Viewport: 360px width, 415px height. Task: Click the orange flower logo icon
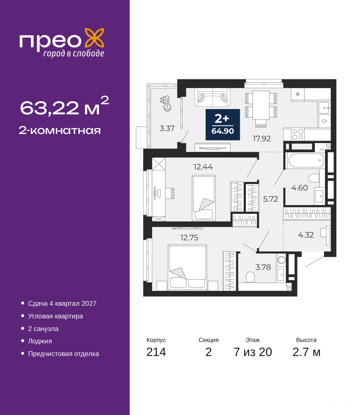point(94,38)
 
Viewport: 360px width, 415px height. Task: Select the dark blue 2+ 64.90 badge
point(222,124)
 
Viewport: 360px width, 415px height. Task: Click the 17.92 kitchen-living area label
point(262,139)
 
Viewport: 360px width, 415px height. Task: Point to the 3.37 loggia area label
point(167,128)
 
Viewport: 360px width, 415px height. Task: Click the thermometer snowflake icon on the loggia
point(166,103)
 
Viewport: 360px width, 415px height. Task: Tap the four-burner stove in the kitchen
point(298,134)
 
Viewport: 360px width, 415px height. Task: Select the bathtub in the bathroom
point(306,160)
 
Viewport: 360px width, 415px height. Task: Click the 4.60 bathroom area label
point(300,188)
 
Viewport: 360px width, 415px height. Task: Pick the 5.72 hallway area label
point(271,199)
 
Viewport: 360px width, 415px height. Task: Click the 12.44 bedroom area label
point(203,167)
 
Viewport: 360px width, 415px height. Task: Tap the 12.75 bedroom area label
point(189,238)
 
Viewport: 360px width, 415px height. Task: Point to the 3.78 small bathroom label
point(263,267)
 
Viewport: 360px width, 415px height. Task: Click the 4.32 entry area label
point(306,235)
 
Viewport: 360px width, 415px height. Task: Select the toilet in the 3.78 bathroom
point(250,277)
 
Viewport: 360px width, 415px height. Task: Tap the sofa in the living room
point(212,97)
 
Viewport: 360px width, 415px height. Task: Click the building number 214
point(156,352)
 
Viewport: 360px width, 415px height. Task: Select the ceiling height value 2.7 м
point(306,352)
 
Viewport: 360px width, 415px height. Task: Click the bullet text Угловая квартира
point(55,316)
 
